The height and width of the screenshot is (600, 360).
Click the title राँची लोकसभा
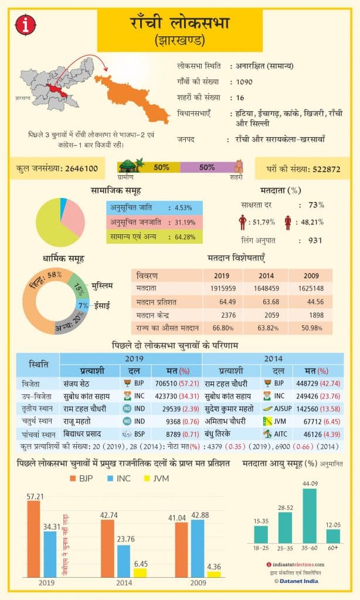point(179,23)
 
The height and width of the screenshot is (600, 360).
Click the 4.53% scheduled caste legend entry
point(155,207)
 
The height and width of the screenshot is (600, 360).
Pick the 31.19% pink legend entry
point(155,222)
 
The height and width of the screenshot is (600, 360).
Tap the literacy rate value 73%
point(316,205)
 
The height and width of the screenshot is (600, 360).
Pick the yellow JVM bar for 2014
point(140,572)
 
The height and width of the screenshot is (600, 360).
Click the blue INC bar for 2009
point(198,548)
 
